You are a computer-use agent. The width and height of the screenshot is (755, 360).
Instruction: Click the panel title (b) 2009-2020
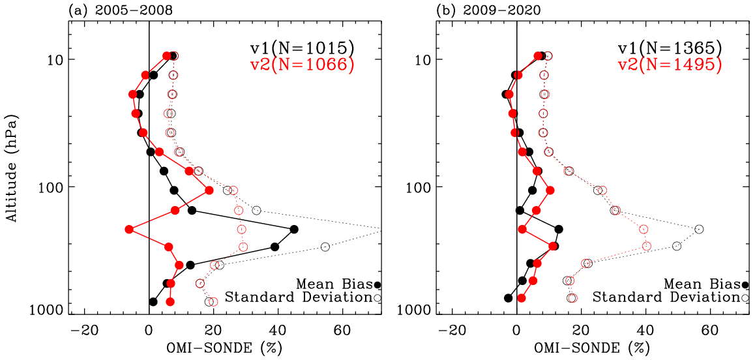tap(488, 9)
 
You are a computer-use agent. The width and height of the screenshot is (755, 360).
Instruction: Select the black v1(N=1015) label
tap(303, 47)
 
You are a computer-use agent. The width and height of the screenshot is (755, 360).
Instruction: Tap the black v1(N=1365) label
tap(670, 47)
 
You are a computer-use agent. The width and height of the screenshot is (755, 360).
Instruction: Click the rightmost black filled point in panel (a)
tap(294, 230)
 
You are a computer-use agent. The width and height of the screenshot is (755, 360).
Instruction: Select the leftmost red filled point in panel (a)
tap(129, 230)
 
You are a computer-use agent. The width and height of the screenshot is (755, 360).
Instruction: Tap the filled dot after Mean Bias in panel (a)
tap(377, 285)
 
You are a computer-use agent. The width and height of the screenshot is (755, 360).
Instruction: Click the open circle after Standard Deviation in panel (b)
tap(745, 297)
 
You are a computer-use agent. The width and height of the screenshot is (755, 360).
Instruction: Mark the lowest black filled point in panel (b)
tap(508, 298)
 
